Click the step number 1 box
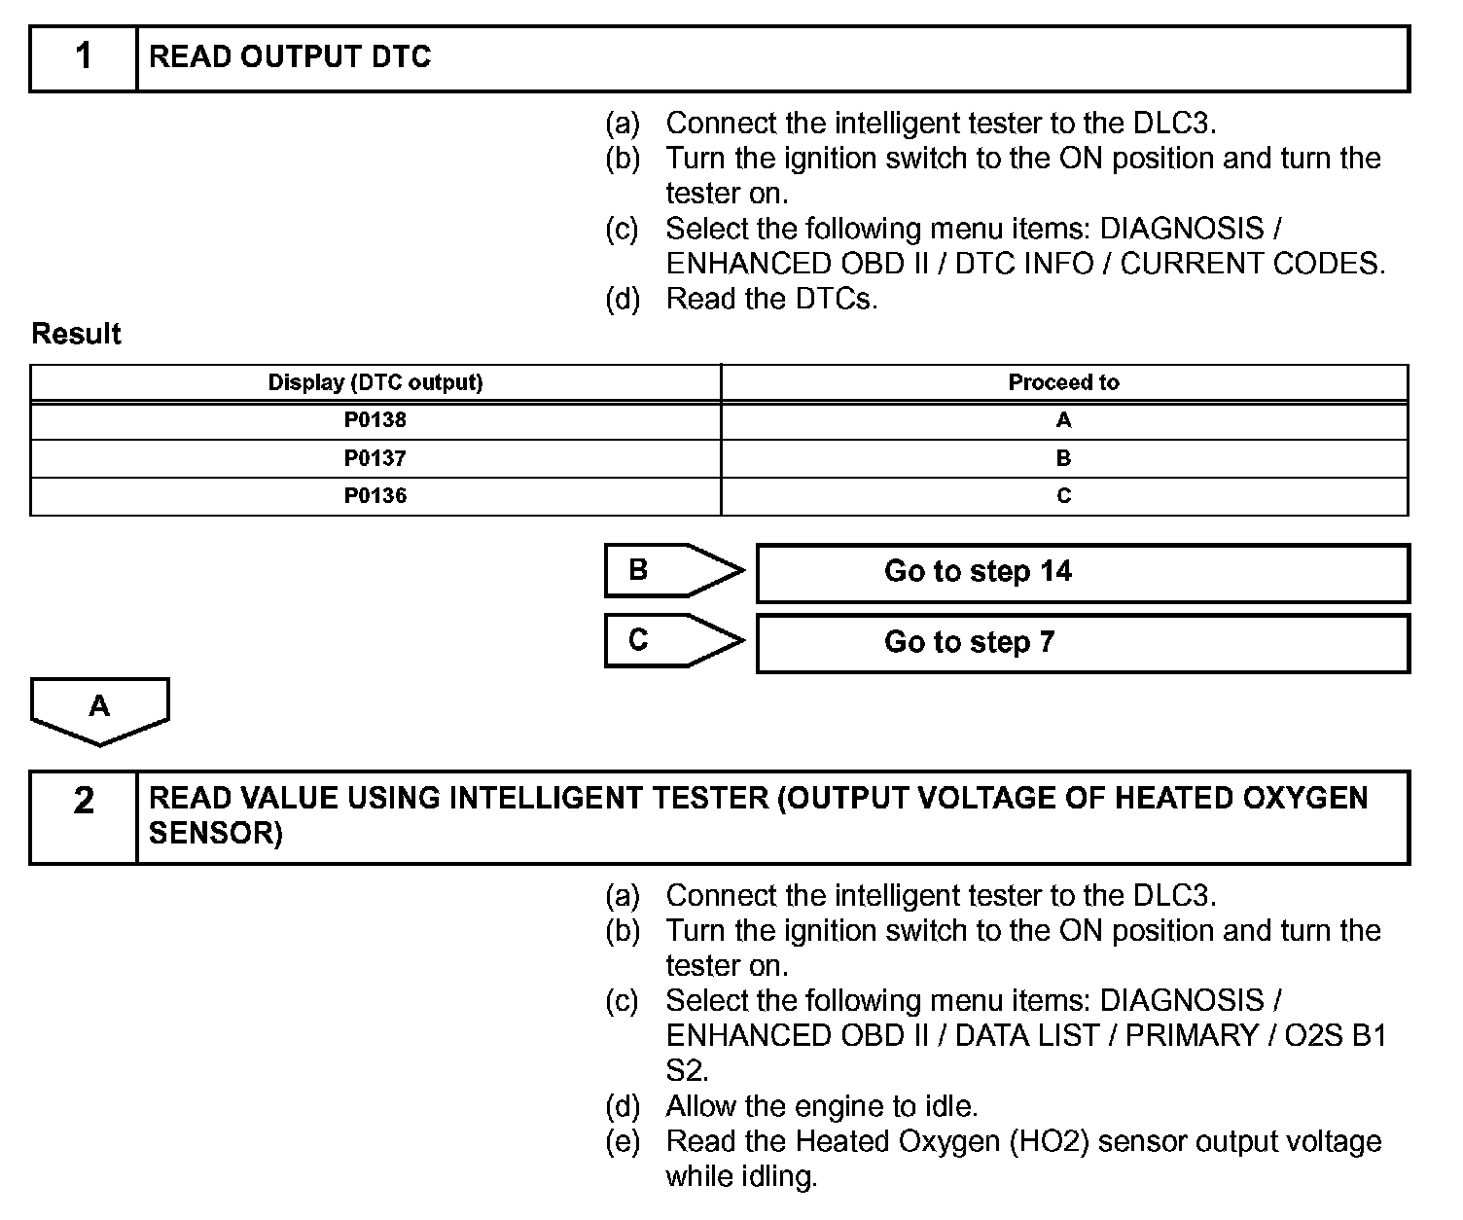click(84, 57)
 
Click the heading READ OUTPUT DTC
click(289, 57)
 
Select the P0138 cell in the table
click(375, 420)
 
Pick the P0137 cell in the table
click(375, 458)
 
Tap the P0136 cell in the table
click(375, 496)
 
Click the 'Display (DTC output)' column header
click(375, 382)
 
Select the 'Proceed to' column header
click(1063, 382)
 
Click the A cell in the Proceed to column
click(1063, 420)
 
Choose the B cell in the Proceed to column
click(1063, 458)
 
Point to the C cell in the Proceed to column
click(1063, 496)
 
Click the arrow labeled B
click(671, 570)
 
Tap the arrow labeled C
click(671, 640)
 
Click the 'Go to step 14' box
click(1082, 572)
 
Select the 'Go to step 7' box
click(1082, 642)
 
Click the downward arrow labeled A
click(99, 709)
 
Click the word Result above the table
click(76, 334)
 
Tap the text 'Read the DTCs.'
click(771, 299)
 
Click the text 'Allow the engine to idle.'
click(821, 1106)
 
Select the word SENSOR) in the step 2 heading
click(215, 834)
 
